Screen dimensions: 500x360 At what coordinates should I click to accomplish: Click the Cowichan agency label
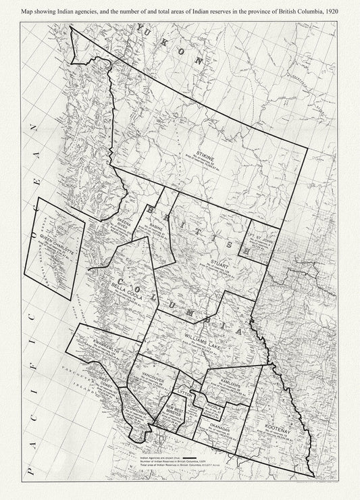(136, 410)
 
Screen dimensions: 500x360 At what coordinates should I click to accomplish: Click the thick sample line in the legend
(190, 457)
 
